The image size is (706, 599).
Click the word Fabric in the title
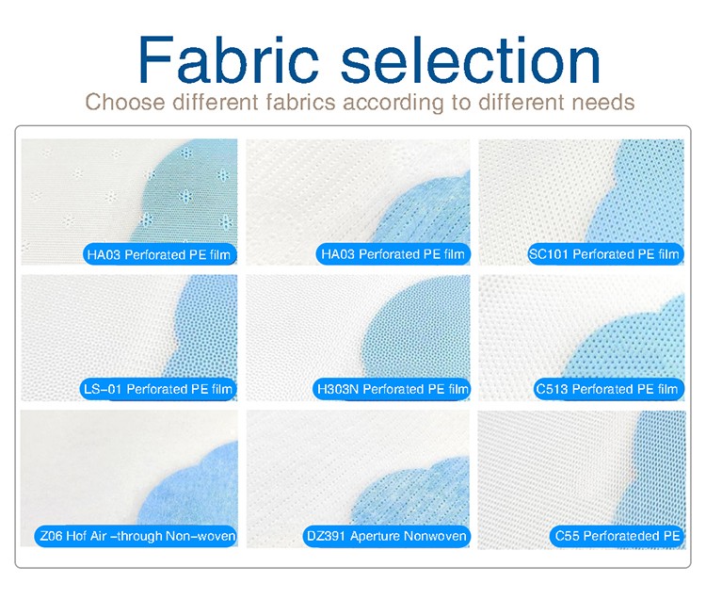click(229, 59)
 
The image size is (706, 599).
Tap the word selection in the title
click(471, 59)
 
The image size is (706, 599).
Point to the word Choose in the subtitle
click(125, 102)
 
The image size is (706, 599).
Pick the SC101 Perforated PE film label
click(604, 254)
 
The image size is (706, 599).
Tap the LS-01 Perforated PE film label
click(158, 389)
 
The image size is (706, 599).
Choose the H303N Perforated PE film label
click(392, 389)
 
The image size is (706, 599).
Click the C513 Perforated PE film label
click(607, 389)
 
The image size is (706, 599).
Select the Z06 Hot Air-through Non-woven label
click(136, 536)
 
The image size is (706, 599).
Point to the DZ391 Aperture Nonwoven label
click(386, 536)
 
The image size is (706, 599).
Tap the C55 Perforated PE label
click(618, 536)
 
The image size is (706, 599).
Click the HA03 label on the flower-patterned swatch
click(160, 254)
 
